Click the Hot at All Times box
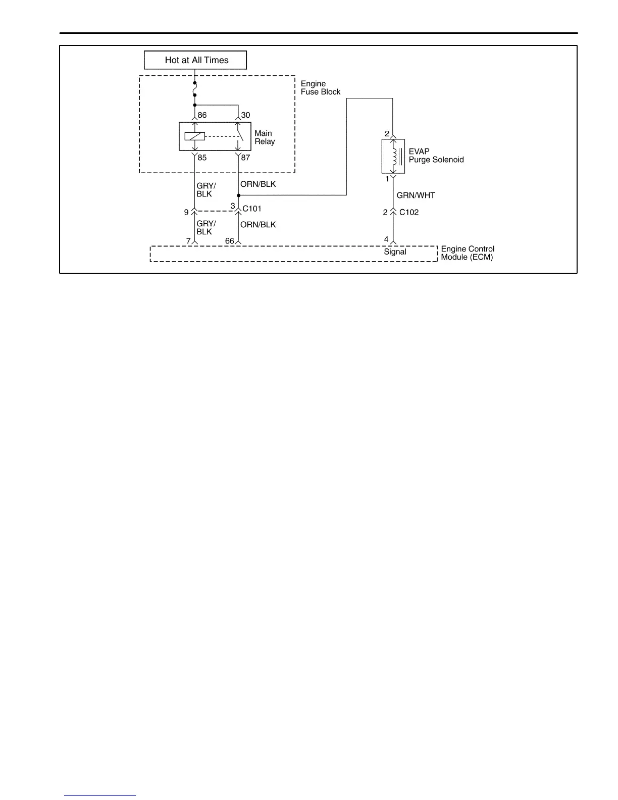click(195, 60)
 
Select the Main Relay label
click(264, 137)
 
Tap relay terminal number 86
click(202, 115)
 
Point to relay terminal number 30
click(245, 115)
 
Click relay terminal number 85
click(202, 158)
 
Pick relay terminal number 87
click(245, 158)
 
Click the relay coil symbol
click(194, 136)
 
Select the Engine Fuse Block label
click(320, 88)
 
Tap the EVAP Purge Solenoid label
click(436, 156)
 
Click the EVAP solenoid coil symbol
click(394, 156)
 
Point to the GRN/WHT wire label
click(416, 195)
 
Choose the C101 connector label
click(252, 209)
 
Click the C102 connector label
click(409, 212)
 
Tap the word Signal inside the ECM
click(395, 252)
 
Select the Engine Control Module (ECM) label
click(467, 253)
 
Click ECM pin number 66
click(230, 241)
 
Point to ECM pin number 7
click(188, 241)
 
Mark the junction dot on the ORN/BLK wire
click(238, 195)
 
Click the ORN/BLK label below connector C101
click(258, 225)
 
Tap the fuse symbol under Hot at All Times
click(195, 89)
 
